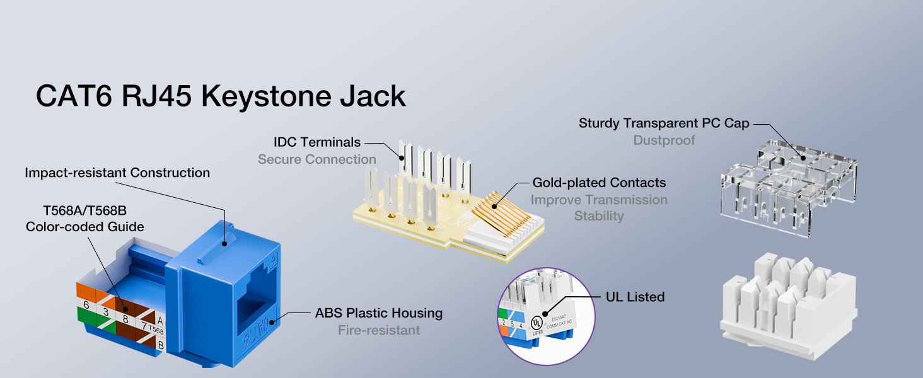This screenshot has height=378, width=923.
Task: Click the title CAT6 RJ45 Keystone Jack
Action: pos(221,96)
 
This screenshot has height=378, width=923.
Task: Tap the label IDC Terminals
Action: pos(317,142)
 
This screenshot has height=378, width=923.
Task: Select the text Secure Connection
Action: pos(317,159)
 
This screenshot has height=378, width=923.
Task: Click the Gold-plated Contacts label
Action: pos(599,183)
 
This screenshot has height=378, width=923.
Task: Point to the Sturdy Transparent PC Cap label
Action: pos(664,123)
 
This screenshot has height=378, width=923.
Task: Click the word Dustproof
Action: pos(664,140)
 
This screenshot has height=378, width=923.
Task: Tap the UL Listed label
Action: pos(635,296)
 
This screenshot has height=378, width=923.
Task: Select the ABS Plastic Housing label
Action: pos(379,313)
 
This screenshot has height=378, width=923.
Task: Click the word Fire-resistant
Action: pos(379,330)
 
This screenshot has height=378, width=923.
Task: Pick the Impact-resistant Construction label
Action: pos(117,173)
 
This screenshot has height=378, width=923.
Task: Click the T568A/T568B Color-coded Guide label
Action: pos(85,218)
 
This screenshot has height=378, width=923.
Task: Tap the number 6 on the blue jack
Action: pos(86,305)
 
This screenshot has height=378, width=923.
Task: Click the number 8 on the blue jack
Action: pos(126,319)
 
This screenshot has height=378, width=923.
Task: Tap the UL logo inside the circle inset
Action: pos(537,321)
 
